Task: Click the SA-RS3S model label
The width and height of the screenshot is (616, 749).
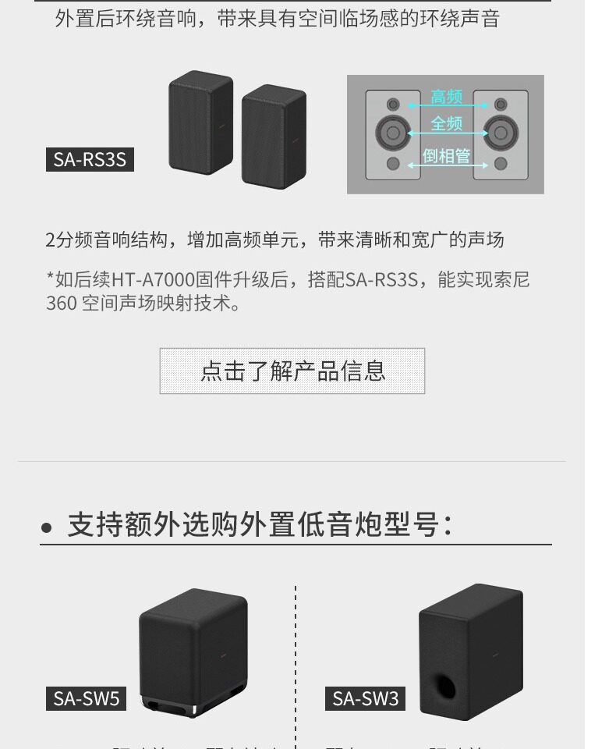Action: [x=90, y=159]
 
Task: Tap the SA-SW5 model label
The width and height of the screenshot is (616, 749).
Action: [x=86, y=698]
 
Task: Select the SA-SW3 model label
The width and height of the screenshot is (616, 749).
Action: [x=365, y=698]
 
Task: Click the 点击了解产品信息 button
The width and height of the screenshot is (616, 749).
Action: [x=292, y=371]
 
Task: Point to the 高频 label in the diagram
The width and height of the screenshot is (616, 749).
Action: [x=447, y=98]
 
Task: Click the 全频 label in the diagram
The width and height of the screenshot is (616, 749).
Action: [x=447, y=123]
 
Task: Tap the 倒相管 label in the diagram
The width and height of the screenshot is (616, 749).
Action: [x=447, y=156]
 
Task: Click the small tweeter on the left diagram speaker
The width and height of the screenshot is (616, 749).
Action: [x=393, y=104]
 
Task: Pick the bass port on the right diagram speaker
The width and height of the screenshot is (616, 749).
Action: [x=501, y=164]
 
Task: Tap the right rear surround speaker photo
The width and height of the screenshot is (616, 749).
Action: [x=273, y=137]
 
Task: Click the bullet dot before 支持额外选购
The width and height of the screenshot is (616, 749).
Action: [x=47, y=528]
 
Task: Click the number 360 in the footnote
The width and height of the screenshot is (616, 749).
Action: [x=61, y=304]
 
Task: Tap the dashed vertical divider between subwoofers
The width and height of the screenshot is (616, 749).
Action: [x=296, y=663]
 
